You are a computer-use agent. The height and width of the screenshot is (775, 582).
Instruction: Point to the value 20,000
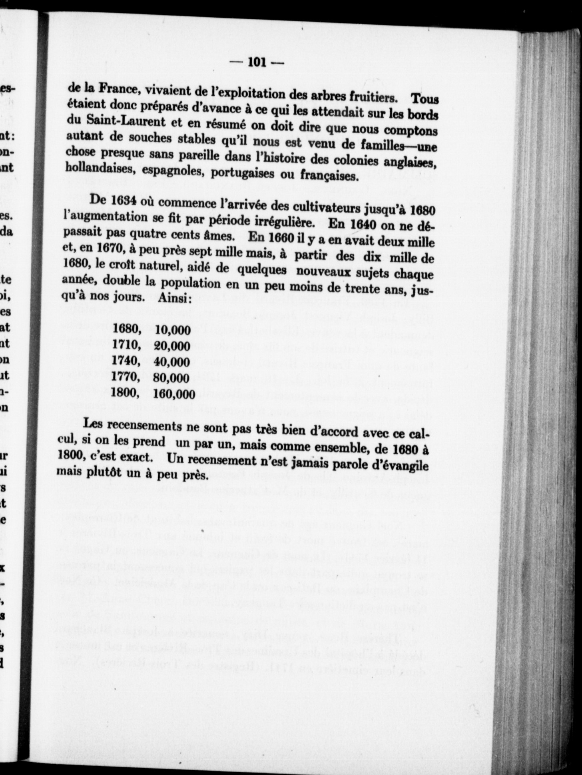coord(173,346)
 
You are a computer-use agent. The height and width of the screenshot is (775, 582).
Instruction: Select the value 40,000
coord(173,362)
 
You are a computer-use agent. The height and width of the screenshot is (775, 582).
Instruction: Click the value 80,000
coord(173,378)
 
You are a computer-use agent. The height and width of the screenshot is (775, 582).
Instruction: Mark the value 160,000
coord(174,394)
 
